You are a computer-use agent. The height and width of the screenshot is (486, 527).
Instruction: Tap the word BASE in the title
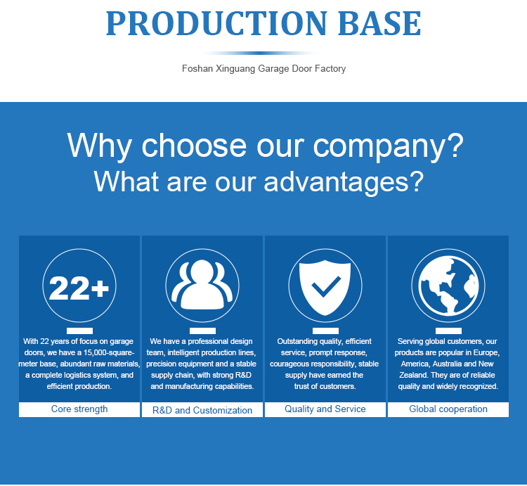pyautogui.click(x=379, y=23)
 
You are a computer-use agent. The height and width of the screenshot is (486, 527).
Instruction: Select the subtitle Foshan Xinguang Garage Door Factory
pyautogui.click(x=263, y=69)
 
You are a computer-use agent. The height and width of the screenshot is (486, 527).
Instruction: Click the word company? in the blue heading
pyautogui.click(x=388, y=146)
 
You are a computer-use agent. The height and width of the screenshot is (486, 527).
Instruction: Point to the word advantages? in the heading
pyautogui.click(x=344, y=181)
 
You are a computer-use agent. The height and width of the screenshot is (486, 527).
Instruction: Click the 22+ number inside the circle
pyautogui.click(x=79, y=288)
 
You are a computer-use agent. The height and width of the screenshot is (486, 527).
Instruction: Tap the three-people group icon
pyautogui.click(x=202, y=285)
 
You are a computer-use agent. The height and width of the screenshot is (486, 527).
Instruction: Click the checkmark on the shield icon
pyautogui.click(x=325, y=286)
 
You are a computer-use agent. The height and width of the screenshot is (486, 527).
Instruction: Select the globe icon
pyautogui.click(x=448, y=286)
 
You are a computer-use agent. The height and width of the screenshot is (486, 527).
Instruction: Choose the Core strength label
pyautogui.click(x=79, y=409)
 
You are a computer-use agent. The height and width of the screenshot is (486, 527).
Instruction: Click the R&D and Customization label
pyautogui.click(x=202, y=410)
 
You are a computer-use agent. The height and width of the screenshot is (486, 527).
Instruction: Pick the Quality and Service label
pyautogui.click(x=325, y=409)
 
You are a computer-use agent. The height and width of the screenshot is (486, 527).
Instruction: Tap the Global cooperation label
pyautogui.click(x=448, y=409)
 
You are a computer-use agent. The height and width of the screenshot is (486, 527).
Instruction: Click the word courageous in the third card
pyautogui.click(x=287, y=364)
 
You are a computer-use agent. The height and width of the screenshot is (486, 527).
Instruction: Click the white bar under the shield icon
pyautogui.click(x=325, y=331)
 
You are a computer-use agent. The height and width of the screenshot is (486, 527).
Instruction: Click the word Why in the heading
pyautogui.click(x=99, y=146)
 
